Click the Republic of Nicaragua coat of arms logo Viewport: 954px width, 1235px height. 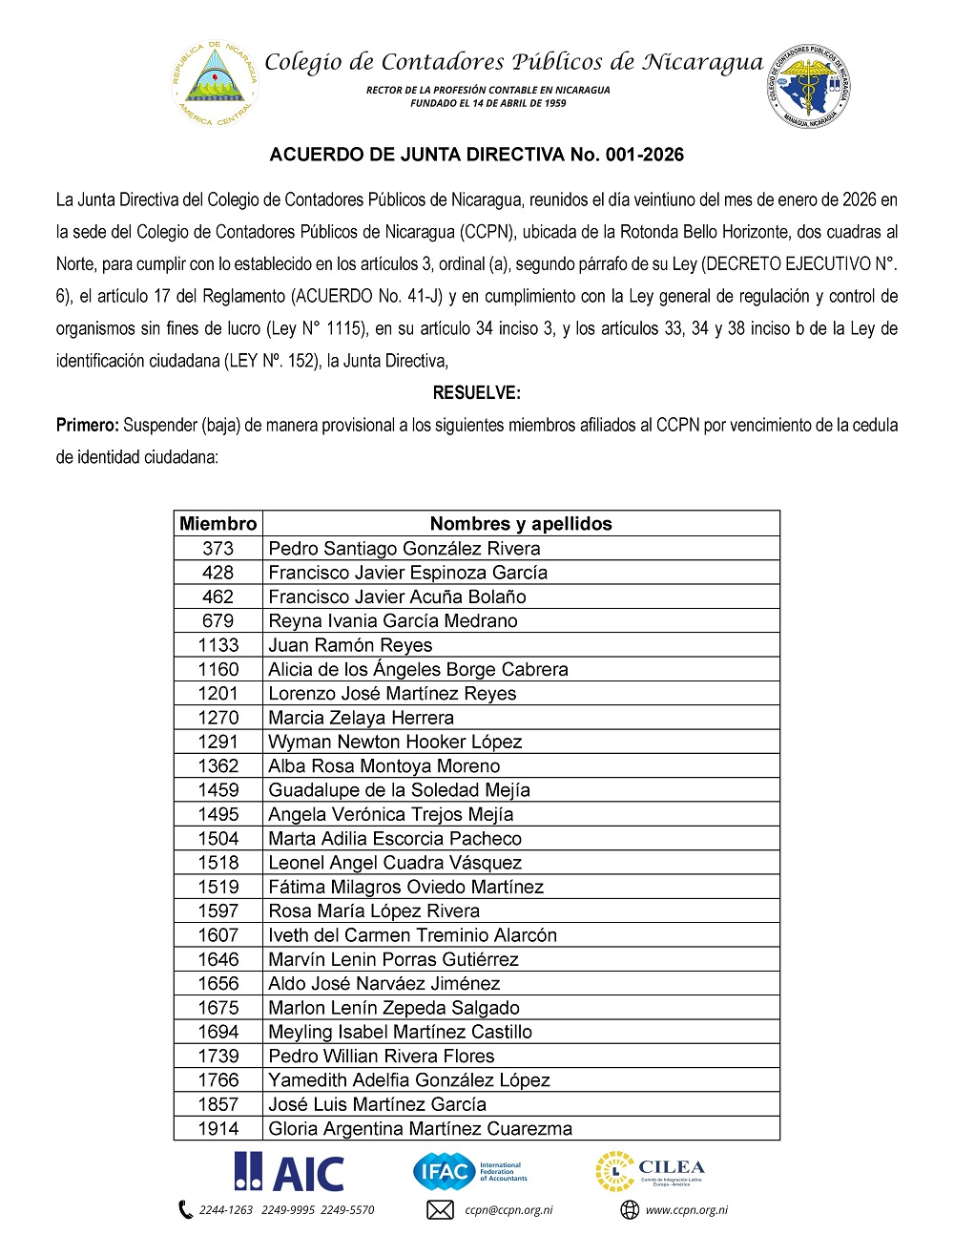click(215, 83)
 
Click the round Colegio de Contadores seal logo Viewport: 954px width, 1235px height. click(809, 86)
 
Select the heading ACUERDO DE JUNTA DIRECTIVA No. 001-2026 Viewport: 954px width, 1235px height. click(477, 155)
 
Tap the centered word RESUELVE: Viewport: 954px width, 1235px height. click(477, 392)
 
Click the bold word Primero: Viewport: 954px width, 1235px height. click(87, 425)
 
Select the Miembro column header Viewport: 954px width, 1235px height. click(218, 523)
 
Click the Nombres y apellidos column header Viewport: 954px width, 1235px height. click(521, 523)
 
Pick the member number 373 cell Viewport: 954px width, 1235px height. click(218, 548)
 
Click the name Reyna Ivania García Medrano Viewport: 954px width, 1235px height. click(393, 620)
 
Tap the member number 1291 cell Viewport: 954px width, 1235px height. click(218, 742)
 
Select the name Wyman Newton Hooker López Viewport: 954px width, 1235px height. click(395, 742)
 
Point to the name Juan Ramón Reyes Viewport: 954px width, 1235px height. click(350, 645)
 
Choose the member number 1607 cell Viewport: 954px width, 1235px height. click(218, 935)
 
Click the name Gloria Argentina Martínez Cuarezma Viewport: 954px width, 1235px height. click(421, 1128)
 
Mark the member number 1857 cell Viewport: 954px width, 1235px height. click(218, 1104)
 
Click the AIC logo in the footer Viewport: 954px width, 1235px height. click(290, 1172)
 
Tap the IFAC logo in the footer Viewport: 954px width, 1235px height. click(469, 1171)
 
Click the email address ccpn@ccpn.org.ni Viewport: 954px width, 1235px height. click(508, 1210)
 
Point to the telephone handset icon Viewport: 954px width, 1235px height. click(185, 1210)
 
